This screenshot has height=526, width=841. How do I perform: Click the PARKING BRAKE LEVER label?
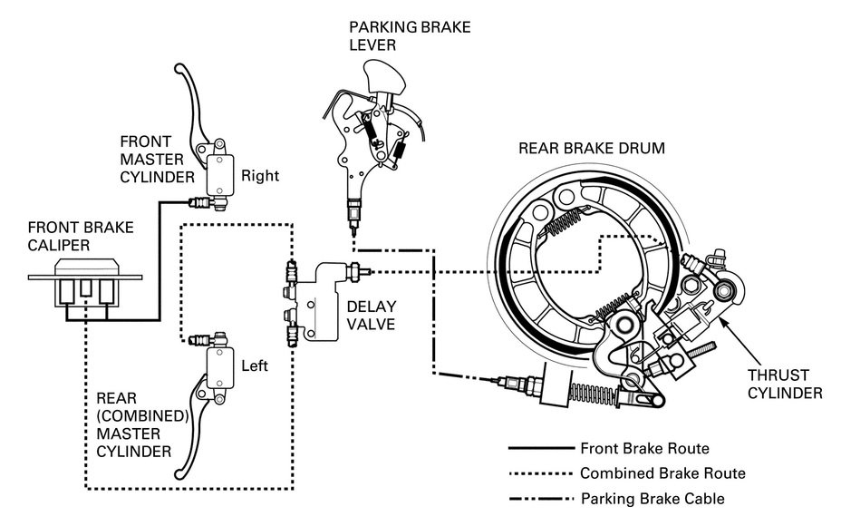click(x=410, y=36)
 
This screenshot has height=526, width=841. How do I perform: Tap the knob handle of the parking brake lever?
click(x=384, y=78)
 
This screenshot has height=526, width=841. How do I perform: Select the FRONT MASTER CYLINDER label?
click(x=157, y=160)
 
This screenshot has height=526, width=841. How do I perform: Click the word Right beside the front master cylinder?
click(x=260, y=176)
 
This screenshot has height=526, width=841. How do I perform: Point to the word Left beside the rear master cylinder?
click(x=255, y=366)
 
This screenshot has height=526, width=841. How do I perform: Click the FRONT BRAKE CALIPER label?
click(x=81, y=236)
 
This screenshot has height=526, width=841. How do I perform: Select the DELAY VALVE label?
click(x=372, y=315)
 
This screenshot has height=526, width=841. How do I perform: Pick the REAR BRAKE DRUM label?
click(x=592, y=148)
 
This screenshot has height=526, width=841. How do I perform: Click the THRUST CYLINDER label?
click(x=785, y=384)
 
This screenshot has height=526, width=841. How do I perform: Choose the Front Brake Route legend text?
click(x=644, y=448)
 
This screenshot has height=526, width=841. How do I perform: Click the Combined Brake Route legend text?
click(x=663, y=472)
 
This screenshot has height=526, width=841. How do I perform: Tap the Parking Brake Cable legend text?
click(x=652, y=498)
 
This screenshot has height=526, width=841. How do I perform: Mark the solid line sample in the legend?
click(x=541, y=448)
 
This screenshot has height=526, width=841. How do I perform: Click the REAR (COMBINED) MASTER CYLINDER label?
click(x=142, y=424)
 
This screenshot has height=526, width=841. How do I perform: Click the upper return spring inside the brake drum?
click(x=560, y=221)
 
